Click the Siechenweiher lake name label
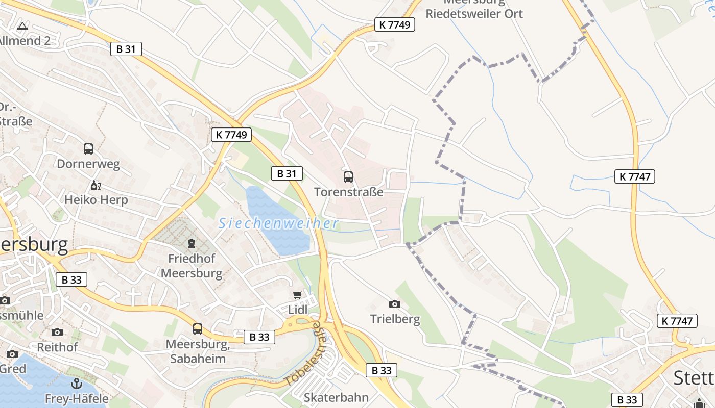tap(278, 223)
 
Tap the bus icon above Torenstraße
tap(348, 177)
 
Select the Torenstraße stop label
tap(348, 192)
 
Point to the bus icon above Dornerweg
tap(88, 149)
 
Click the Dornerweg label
tap(88, 164)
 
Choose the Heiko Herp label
tap(96, 200)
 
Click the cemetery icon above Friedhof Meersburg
tap(192, 243)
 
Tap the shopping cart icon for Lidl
tap(298, 295)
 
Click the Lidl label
tap(298, 310)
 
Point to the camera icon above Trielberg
tap(395, 304)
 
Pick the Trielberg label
tap(395, 320)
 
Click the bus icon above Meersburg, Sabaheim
tap(198, 328)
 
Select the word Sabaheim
tap(198, 359)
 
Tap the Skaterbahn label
tap(336, 397)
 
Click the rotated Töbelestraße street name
tap(303, 353)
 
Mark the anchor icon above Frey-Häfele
tap(76, 383)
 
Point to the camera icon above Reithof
tap(57, 332)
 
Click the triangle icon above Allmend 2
tap(22, 26)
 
